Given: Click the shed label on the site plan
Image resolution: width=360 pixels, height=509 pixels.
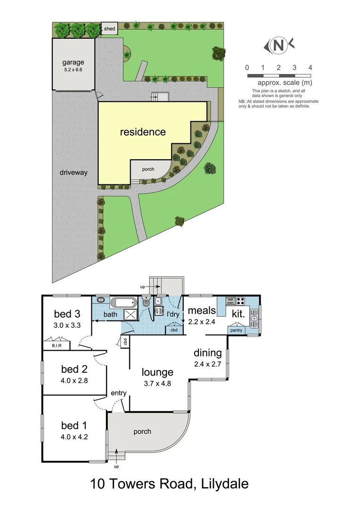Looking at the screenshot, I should point(109,29).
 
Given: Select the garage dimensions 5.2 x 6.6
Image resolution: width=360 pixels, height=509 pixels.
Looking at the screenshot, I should point(73,70).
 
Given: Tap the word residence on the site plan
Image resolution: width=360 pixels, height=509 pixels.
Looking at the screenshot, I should point(143,132).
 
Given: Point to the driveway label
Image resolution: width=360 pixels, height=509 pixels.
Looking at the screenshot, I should point(74,172).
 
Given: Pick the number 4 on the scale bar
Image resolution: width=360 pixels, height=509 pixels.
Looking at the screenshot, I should point(310,67).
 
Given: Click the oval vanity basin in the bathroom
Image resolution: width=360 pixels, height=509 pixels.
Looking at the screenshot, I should point(100,300).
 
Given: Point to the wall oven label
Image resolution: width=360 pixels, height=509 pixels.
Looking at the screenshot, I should point(230,301).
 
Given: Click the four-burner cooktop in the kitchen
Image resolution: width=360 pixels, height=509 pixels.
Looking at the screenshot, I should point(240,301).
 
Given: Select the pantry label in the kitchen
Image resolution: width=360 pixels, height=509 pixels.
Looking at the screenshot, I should point(236,331).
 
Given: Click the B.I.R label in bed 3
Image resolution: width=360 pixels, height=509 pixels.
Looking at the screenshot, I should point(50,346).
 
